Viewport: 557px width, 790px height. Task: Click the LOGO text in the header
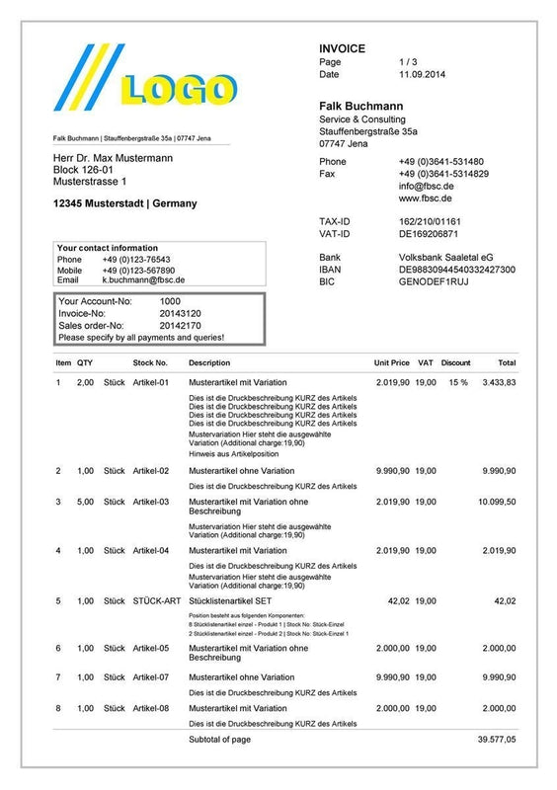[176, 90]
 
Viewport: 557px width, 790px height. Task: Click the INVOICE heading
[342, 48]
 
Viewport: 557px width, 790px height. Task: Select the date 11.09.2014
[423, 74]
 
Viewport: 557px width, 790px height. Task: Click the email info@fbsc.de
[426, 186]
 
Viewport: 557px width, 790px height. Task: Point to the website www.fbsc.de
[426, 197]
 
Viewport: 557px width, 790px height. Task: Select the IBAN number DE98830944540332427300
[456, 269]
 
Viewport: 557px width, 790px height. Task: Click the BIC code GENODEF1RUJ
[433, 281]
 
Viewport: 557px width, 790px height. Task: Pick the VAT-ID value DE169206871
[429, 234]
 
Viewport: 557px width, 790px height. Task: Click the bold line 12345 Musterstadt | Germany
[124, 203]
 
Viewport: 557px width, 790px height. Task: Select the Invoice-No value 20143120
[180, 313]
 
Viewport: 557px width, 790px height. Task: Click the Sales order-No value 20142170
[180, 325]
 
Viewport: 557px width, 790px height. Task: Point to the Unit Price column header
[392, 362]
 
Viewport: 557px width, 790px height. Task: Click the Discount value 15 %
[457, 381]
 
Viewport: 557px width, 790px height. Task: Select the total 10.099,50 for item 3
[497, 502]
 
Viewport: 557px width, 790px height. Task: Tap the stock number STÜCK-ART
[157, 599]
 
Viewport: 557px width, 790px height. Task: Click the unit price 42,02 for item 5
[398, 599]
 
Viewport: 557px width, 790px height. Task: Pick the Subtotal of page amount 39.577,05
[497, 738]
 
